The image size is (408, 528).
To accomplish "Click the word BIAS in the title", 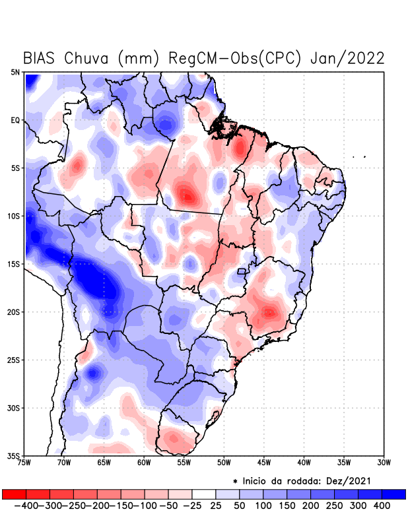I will tap(41, 58).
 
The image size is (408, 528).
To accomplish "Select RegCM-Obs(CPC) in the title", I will tap(235, 58).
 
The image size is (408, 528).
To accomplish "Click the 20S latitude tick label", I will tap(15, 312).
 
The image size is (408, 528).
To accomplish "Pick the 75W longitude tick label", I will tap(25, 463).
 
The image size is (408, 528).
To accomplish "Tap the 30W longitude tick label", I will tap(384, 463).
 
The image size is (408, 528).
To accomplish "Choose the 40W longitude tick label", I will tap(304, 463).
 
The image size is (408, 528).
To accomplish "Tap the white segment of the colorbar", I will tap(204, 494).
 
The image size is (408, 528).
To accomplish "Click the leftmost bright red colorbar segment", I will tap(14, 494).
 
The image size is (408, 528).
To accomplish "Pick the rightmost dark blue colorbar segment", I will tap(394, 494).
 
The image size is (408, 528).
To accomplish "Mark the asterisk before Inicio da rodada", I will tap(235, 481).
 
